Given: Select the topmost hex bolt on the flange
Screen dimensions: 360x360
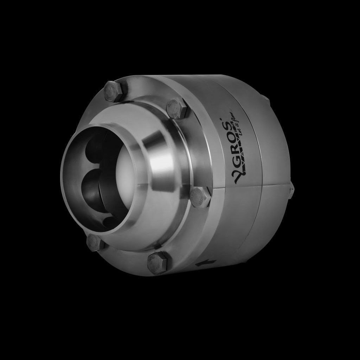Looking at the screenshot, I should click(114, 91).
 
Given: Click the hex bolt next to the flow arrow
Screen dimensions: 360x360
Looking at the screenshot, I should click(158, 262).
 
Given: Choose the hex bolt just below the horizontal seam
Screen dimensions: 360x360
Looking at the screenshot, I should click(200, 197).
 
